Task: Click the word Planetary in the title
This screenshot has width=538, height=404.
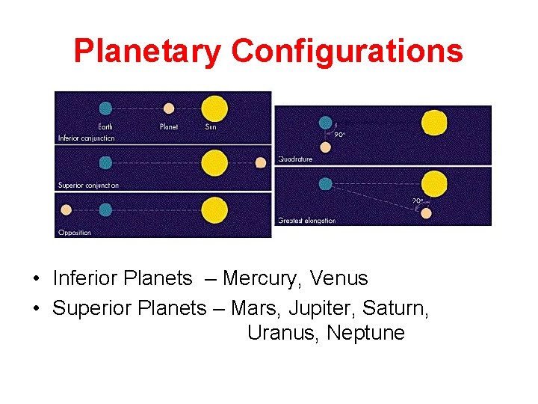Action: pos(147,52)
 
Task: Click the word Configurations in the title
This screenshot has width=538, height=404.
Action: pos(347,52)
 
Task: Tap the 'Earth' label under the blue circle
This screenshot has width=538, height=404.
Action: pos(106,126)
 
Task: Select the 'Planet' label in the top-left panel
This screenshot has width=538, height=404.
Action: pos(169,126)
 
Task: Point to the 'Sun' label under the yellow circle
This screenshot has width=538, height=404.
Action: pos(211,126)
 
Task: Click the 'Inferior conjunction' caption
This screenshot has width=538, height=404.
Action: pos(87,138)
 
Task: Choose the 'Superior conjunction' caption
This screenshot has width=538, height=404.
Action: pos(89,185)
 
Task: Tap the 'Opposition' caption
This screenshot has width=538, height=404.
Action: pos(75,232)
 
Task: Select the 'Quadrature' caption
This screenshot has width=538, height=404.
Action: pos(295,159)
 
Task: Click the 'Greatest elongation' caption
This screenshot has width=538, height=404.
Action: pos(306,220)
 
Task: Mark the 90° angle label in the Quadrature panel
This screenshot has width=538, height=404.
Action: pos(339,135)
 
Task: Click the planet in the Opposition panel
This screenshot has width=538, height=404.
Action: pos(66,209)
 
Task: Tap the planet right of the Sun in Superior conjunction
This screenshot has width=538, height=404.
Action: pos(261,162)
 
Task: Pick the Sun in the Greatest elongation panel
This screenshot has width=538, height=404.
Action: pos(433,183)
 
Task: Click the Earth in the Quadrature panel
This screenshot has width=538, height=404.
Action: pos(325,122)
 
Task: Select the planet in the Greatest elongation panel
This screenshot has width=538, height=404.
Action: pos(426,213)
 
